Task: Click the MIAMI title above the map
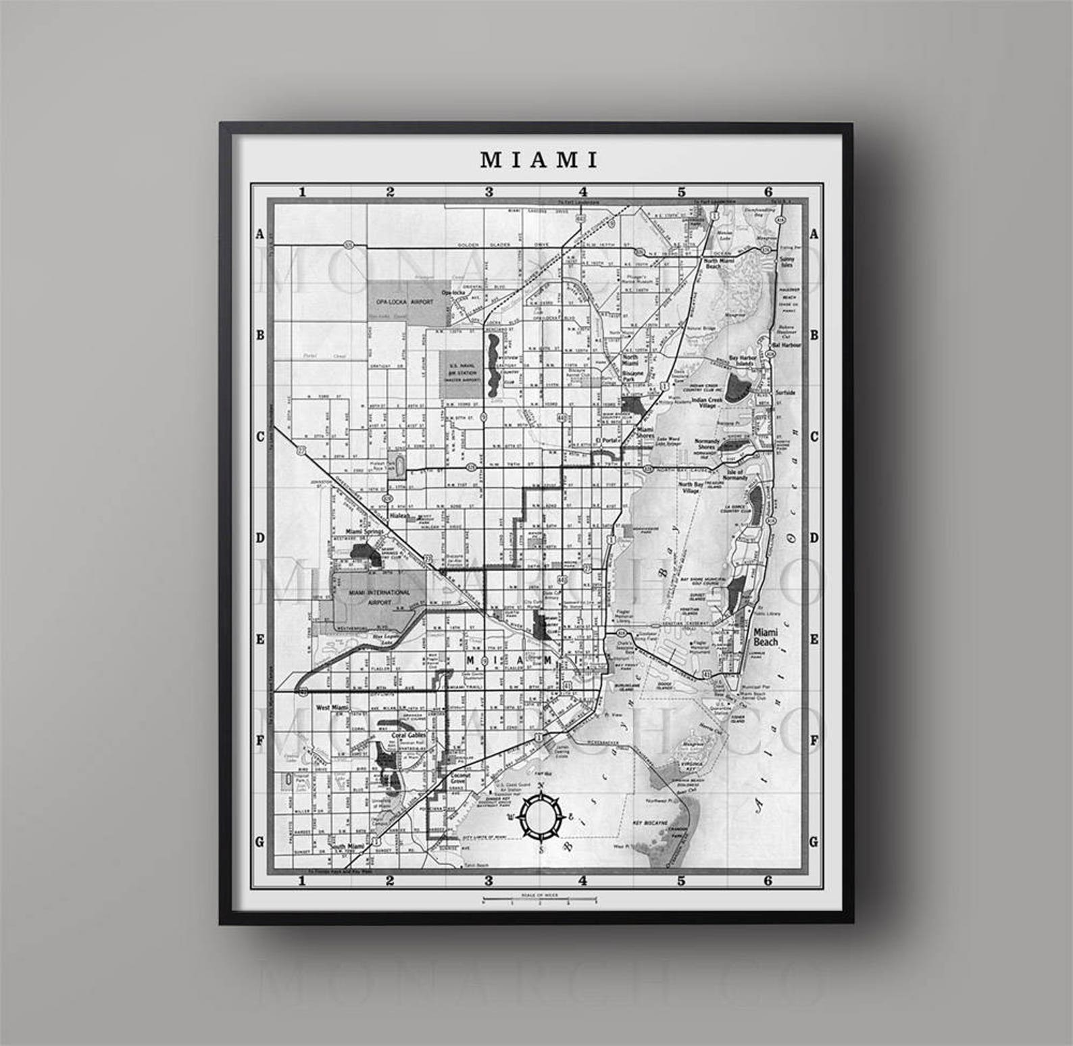coord(539,160)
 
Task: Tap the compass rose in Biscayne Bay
coord(540,816)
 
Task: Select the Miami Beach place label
coord(766,637)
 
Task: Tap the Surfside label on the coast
coord(785,393)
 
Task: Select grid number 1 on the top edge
coord(303,192)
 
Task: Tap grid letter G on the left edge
coord(259,842)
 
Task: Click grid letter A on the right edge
coord(814,234)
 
